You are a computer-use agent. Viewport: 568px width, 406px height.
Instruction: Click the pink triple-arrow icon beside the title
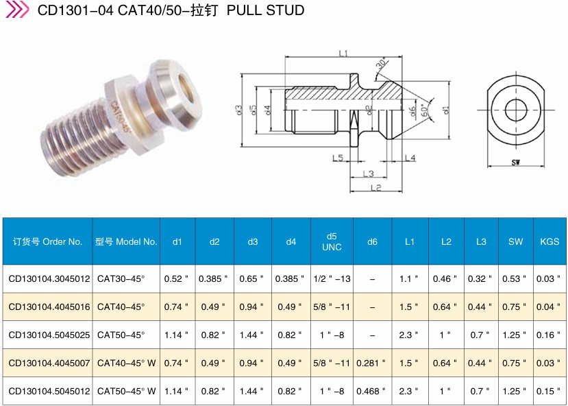point(17,10)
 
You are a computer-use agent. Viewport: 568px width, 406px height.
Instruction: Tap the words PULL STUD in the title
point(265,10)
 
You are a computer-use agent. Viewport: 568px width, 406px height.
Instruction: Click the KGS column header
point(550,241)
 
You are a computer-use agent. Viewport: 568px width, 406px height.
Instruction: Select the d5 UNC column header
point(332,241)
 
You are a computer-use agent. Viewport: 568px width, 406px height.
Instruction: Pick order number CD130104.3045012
point(49,278)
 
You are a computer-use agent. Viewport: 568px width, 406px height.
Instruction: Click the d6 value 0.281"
point(371,363)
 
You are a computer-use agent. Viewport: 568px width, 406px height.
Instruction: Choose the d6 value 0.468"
point(371,391)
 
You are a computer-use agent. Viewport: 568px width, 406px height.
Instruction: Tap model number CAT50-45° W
point(127,391)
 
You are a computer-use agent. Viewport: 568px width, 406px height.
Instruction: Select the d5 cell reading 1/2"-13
point(332,278)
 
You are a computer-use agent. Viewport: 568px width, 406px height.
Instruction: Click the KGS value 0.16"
point(548,335)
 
